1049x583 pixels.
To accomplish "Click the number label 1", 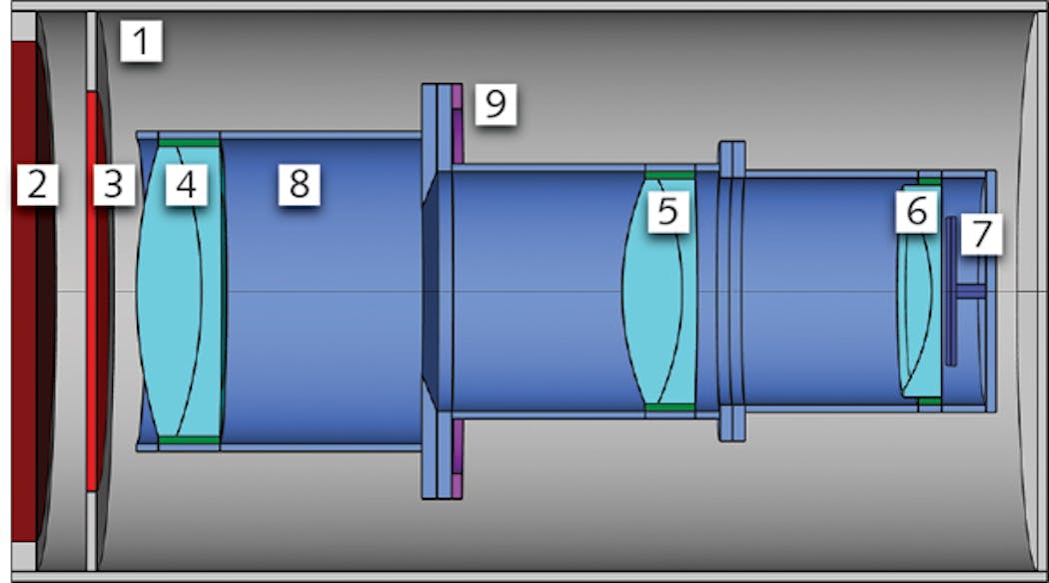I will point(140,42).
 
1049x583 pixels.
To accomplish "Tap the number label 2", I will point(37,185).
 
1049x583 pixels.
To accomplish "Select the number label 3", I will point(114,185).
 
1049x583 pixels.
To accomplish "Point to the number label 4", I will point(187,185).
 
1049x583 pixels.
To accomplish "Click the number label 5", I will point(667,212).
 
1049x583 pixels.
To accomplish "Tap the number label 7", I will point(981,235).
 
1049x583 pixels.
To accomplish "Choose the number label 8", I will point(299,185).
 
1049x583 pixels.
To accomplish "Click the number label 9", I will point(495,103).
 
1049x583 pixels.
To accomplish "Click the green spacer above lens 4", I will point(189,143).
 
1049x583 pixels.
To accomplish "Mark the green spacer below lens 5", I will point(669,407).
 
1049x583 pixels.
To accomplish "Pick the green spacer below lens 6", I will point(929,401).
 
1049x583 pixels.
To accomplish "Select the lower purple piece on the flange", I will point(458,460).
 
